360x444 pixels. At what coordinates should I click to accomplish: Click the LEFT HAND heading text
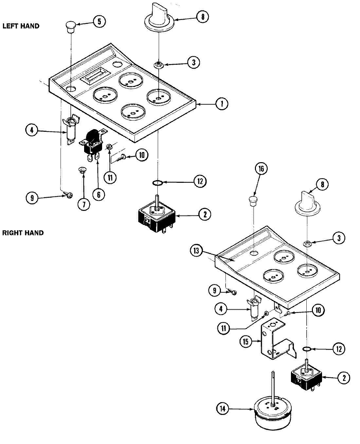click(x=21, y=26)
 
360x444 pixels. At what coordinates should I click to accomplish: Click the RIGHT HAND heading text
click(x=23, y=233)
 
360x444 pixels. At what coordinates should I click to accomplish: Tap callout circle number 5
click(x=99, y=22)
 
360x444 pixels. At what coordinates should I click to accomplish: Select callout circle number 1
click(x=222, y=104)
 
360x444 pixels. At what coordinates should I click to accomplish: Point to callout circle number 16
click(x=261, y=168)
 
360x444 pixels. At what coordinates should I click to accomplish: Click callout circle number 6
click(x=98, y=194)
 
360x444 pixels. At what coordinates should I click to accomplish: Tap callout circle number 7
click(x=83, y=204)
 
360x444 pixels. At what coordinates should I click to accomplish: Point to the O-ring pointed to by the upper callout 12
click(x=158, y=182)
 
